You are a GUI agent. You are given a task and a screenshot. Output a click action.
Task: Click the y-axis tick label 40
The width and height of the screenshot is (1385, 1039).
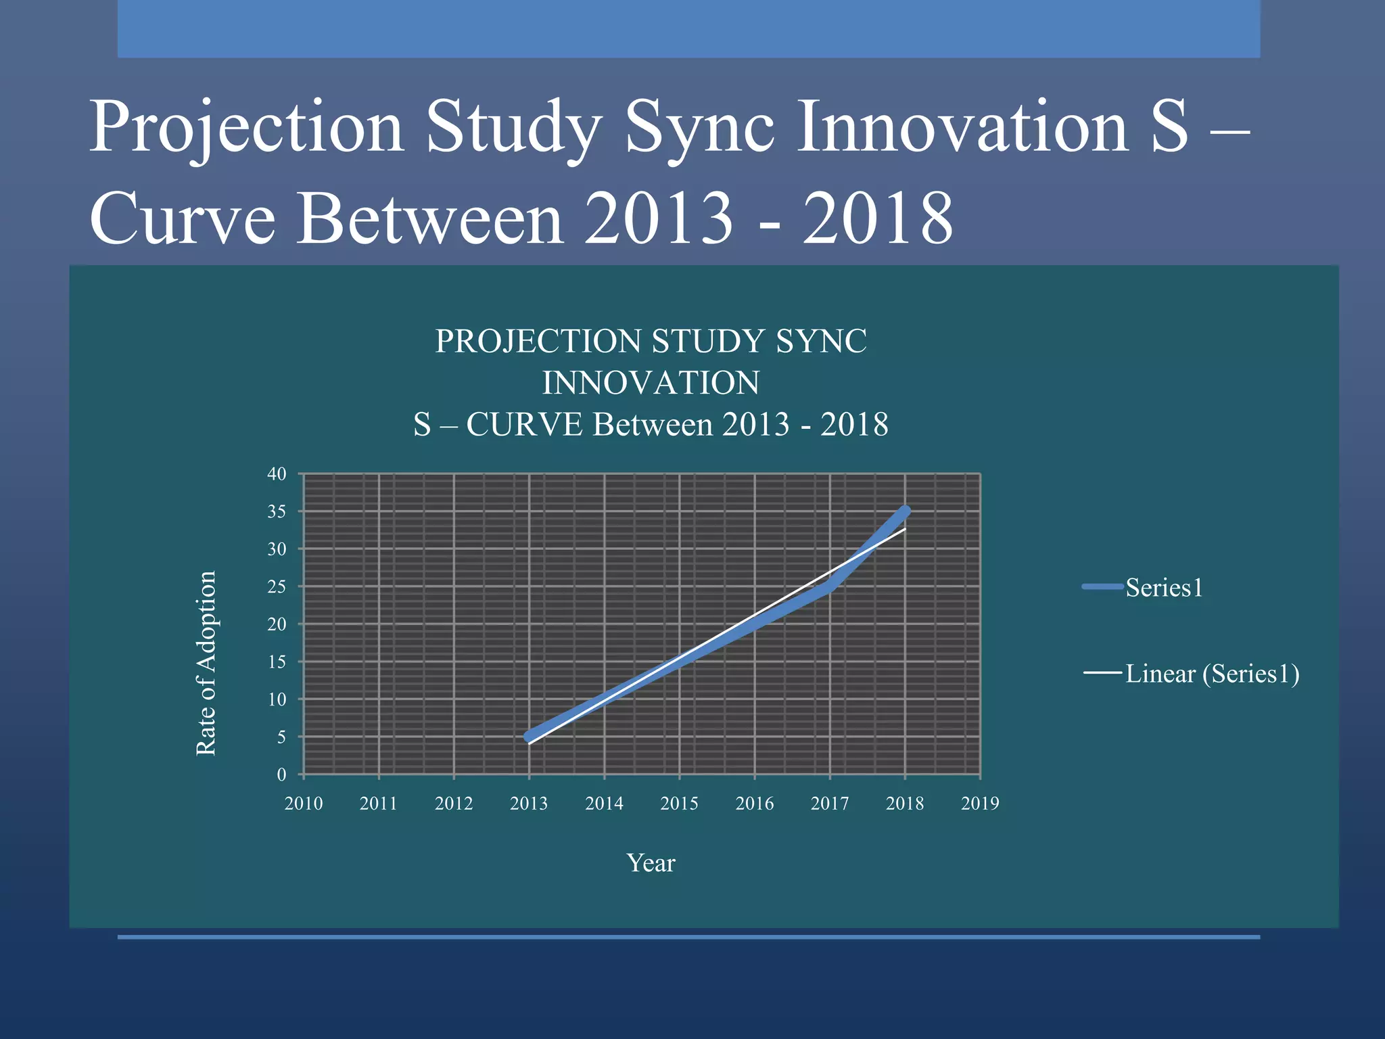(277, 474)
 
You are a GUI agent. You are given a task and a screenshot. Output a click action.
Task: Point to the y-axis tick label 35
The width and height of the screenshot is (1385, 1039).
(277, 512)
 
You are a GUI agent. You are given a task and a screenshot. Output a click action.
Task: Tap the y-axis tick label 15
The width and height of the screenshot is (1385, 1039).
(277, 662)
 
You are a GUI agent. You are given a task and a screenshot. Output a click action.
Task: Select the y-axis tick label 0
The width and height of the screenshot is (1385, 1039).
(281, 775)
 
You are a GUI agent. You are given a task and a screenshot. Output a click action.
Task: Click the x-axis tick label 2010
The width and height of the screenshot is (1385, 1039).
(304, 804)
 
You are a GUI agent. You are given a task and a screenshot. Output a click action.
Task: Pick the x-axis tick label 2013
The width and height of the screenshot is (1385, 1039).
(529, 804)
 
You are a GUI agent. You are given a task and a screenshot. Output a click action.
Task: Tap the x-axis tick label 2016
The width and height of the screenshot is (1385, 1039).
(754, 804)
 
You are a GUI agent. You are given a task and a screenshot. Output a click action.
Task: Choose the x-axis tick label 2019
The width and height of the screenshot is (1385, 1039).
(979, 804)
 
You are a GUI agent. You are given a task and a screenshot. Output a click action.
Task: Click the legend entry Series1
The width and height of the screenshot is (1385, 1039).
(1163, 588)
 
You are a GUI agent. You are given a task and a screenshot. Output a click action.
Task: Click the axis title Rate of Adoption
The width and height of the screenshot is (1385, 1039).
(206, 663)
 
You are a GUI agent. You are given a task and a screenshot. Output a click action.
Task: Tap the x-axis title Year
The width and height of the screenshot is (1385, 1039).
(651, 863)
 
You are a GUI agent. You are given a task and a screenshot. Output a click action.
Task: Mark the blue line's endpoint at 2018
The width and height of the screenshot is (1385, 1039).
(905, 511)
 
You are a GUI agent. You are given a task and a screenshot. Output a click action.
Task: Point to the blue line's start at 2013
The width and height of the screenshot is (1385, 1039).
(529, 737)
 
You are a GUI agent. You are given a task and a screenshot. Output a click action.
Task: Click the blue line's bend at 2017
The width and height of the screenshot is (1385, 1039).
(830, 586)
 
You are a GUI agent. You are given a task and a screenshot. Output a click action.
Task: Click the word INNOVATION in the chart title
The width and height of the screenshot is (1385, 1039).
(651, 384)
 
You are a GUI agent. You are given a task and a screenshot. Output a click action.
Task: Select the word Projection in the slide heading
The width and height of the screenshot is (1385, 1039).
(246, 127)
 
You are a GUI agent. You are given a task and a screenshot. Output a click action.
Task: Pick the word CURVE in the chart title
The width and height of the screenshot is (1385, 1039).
(524, 425)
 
